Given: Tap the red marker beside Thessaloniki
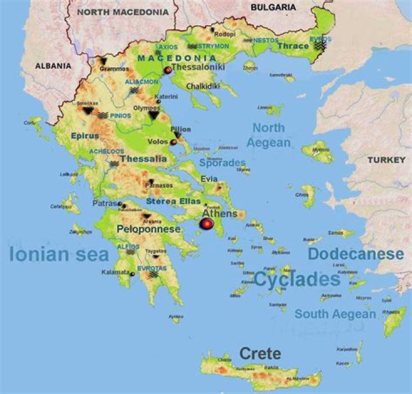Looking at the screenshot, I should (168, 70).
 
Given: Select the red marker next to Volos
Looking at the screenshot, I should (173, 141).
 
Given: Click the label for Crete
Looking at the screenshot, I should (260, 353).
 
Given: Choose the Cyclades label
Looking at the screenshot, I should (297, 279).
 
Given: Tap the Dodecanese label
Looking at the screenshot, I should (355, 254).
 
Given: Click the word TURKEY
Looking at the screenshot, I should (386, 160).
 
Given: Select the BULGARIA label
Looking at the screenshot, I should (274, 7).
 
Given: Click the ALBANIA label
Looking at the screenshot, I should (53, 66).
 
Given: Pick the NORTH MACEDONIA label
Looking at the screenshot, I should (123, 11).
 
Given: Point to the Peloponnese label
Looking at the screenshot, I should (149, 229).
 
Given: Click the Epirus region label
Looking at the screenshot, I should (85, 136).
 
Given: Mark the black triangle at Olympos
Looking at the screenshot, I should (153, 115).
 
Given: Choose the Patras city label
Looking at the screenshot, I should (105, 203).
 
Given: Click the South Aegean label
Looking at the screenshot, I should (335, 314).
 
